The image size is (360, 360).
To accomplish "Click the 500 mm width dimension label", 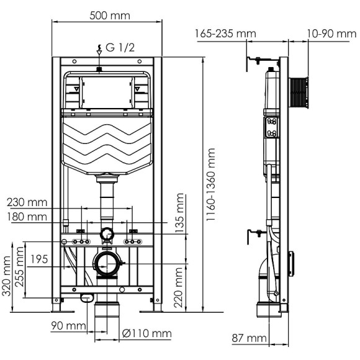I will (x=107, y=16).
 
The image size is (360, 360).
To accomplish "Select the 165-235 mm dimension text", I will (x=225, y=34).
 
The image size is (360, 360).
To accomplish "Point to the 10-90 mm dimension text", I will (x=331, y=34).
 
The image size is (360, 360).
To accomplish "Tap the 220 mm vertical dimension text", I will (x=180, y=283).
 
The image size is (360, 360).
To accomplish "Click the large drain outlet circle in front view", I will (x=107, y=264).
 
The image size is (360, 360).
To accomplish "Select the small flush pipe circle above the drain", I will (x=107, y=234).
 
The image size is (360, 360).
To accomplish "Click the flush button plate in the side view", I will (x=271, y=128).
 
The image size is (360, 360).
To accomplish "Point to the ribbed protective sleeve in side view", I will (x=299, y=91).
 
